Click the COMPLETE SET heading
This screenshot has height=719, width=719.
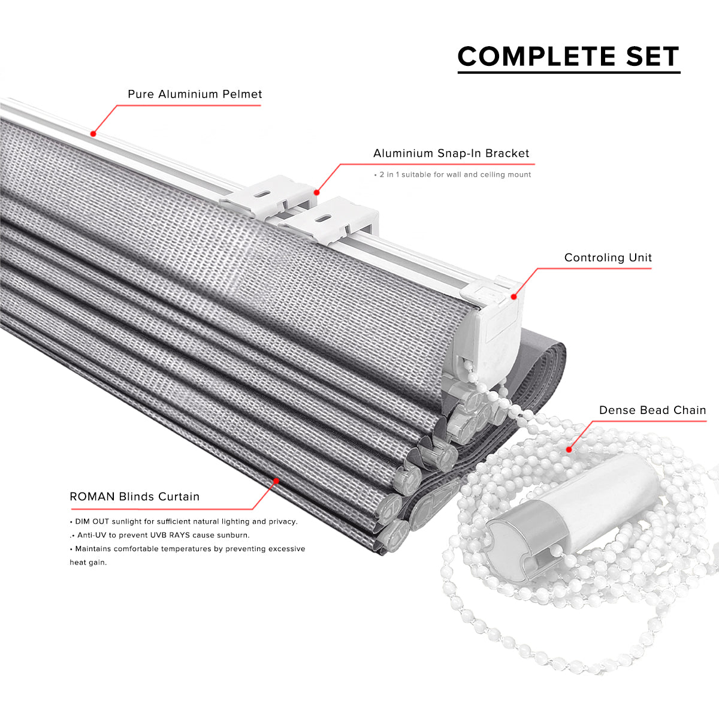coord(568,56)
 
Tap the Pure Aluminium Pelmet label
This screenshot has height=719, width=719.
coord(195,94)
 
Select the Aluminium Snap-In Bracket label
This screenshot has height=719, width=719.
coord(451,153)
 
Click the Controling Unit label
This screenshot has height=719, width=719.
coord(608,258)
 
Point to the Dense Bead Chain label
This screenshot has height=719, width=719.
coord(652,410)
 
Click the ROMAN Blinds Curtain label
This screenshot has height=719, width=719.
coord(135,497)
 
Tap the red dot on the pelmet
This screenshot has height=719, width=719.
coord(93,134)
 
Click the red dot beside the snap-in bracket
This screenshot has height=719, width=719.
coord(316,192)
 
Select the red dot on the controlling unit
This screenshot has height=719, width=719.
coord(513,297)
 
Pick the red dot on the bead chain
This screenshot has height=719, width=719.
coord(569,449)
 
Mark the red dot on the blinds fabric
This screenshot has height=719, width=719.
coord(276,481)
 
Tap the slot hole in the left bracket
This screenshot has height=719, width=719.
coord(264,194)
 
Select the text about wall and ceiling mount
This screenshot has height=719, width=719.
coord(452,174)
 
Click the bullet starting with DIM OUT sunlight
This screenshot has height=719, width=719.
coord(183,522)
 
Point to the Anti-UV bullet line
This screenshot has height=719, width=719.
coord(160,535)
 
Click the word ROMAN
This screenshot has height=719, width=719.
coord(92,497)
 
